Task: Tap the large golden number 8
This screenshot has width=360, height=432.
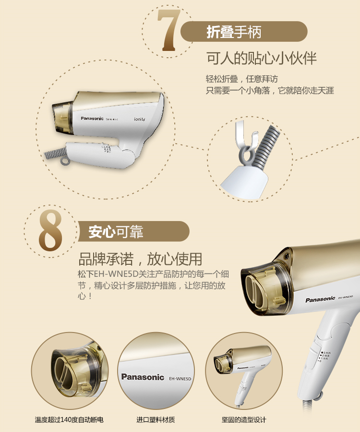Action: point(50,230)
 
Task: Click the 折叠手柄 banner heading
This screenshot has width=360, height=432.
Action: point(234,32)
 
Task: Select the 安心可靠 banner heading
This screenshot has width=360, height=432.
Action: point(116,232)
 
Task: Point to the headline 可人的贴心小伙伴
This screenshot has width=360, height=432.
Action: point(262,58)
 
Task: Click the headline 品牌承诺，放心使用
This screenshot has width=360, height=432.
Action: point(140,259)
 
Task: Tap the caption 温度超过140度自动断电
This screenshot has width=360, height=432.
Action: point(69,420)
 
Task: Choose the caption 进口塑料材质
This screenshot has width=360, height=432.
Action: point(156,420)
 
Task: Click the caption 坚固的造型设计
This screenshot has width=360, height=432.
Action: point(244,420)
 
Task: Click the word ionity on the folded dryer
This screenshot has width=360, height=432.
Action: point(139,119)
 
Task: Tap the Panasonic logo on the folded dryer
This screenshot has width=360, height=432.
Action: point(92,119)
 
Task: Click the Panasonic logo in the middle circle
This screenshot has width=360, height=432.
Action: point(143,377)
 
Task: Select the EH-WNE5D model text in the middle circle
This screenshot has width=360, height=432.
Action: point(180,379)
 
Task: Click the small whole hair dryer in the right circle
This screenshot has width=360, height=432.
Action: point(242,369)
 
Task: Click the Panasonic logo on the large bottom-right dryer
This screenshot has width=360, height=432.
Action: point(320,299)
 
